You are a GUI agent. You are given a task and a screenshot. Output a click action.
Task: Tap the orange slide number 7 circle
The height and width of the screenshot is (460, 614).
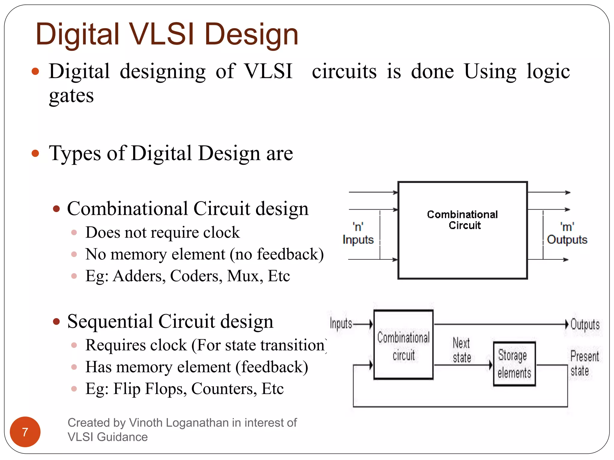[25, 432]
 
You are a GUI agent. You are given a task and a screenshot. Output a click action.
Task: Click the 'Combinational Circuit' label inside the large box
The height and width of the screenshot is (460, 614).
[462, 220]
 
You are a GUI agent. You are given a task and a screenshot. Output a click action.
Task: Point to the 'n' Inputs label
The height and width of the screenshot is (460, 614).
[358, 234]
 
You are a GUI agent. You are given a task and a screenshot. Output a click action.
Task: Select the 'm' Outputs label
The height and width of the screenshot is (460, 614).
[567, 234]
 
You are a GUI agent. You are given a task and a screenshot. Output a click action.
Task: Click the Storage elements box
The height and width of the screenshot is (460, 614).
[514, 364]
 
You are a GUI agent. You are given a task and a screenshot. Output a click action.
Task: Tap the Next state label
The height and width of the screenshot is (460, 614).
[462, 350]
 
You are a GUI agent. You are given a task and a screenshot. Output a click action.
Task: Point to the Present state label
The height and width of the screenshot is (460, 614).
[584, 363]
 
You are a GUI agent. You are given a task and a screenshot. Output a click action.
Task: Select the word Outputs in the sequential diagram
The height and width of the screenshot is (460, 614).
[585, 325]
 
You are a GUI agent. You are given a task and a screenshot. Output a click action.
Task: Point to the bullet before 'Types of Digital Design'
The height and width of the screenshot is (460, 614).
[35, 153]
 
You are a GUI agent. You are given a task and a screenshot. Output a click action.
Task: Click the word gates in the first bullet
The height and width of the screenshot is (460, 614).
[71, 96]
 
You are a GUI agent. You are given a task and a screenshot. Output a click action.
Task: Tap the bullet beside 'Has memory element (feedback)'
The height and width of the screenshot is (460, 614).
[74, 367]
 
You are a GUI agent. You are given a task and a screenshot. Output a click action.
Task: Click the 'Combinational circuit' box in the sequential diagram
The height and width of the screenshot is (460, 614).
[404, 345]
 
